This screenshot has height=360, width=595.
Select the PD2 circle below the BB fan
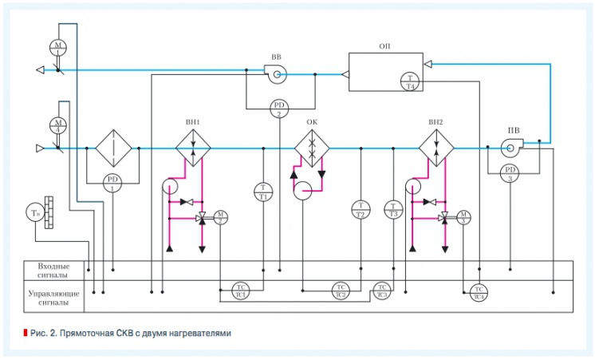tap(279, 109)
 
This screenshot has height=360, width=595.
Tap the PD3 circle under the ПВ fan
tap(508, 171)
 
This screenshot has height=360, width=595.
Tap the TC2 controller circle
tap(341, 290)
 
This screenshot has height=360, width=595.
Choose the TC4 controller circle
tap(479, 291)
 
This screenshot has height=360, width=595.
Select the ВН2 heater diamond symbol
tap(435, 148)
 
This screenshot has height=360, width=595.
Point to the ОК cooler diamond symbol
tap(312, 148)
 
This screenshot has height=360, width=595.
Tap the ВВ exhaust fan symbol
tap(276, 75)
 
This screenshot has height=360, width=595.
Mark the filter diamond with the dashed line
tap(112, 148)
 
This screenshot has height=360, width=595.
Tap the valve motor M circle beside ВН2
tap(463, 216)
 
